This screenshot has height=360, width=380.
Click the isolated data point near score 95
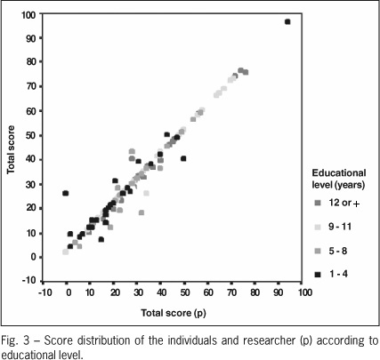(x=287, y=21)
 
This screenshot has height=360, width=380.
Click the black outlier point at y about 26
(x=66, y=193)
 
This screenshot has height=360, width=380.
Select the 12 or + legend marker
(x=318, y=203)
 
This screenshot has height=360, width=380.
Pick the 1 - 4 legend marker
(x=318, y=275)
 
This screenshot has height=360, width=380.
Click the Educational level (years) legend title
(x=338, y=179)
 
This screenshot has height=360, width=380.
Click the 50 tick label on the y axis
(x=30, y=135)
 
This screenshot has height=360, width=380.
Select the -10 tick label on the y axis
(x=28, y=280)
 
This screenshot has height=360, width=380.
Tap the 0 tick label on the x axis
(x=69, y=292)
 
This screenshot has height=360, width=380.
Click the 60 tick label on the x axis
(x=208, y=292)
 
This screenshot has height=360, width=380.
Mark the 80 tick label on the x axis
(x=255, y=292)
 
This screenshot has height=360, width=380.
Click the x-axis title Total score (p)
(x=174, y=313)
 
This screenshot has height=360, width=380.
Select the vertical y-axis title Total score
(x=11, y=149)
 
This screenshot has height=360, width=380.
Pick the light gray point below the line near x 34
(x=146, y=193)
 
